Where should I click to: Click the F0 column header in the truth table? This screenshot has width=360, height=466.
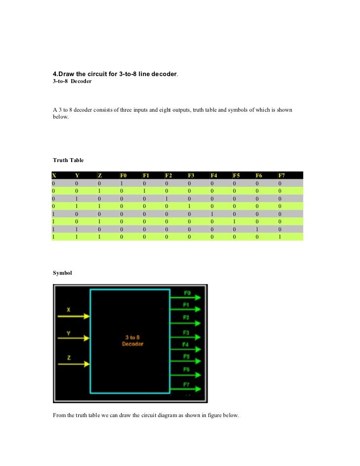pos(123,175)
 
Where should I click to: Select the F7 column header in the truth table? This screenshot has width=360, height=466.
pos(281,175)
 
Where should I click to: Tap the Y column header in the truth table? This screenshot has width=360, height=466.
pos(77,175)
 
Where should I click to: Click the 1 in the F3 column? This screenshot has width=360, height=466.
pos(190,206)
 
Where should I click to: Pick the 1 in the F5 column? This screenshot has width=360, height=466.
pos(234,222)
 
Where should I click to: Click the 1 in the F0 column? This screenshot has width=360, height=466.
pos(121,183)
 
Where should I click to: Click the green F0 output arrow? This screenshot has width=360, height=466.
pos(185,297)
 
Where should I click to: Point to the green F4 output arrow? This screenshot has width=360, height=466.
pos(185,349)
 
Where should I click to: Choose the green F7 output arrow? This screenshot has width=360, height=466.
pos(185,388)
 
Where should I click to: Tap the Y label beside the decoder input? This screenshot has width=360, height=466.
pos(68,333)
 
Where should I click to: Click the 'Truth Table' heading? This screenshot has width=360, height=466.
pos(68,160)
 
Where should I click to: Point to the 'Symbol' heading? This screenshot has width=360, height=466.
pos(62,273)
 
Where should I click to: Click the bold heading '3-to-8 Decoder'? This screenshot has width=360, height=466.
pos(72,82)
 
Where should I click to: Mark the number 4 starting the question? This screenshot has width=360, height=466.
pos(55,74)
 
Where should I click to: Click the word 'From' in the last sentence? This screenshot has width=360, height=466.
pos(59,415)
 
